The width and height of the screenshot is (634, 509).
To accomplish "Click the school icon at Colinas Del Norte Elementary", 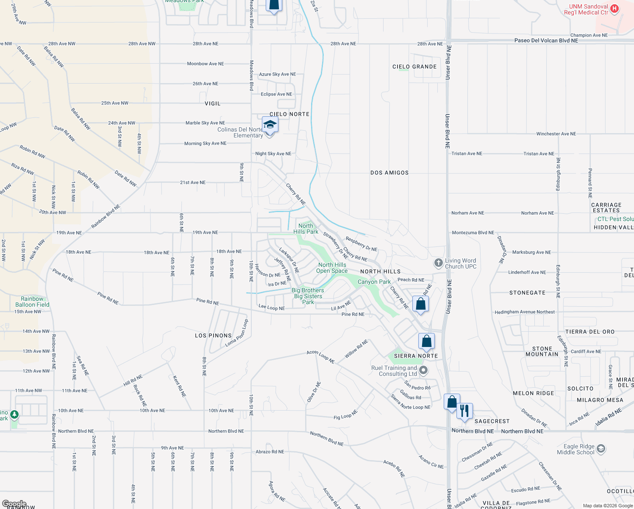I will coord(270,125).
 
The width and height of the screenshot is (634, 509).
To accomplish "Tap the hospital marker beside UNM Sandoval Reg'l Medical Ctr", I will coord(615,8).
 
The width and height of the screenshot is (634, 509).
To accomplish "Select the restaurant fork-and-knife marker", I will coord(464,411).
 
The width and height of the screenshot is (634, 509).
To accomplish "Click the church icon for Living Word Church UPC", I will coord(439,263).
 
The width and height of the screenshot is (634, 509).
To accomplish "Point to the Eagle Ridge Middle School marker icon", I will coord(601,449).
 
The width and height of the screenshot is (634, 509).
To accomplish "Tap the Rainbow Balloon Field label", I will coord(32,302).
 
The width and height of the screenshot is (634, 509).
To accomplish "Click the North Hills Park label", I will coord(306,229).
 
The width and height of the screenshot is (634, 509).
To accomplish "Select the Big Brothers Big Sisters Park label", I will coord(308,296).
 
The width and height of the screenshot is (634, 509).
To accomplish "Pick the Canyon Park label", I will coord(374,282).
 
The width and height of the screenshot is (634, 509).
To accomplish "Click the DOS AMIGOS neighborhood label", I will coord(389,173).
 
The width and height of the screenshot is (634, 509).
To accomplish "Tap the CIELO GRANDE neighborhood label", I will coord(414,67).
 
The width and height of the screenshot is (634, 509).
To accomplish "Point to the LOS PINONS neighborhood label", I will coord(213,336).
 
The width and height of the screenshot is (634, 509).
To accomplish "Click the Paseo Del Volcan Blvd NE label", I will coord(546,41).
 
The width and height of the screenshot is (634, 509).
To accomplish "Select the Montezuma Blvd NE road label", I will coord(473,232).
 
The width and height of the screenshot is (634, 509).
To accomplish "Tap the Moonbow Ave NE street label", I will coord(206,64).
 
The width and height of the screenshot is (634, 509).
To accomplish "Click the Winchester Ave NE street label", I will coord(556,134).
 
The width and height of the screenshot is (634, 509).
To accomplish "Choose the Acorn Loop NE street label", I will coord(320,357).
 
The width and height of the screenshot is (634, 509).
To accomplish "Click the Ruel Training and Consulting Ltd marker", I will coord(423,371).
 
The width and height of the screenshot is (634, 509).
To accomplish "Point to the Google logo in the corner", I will coord(14,504).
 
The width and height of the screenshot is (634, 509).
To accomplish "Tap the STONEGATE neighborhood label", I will coord(527,293).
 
